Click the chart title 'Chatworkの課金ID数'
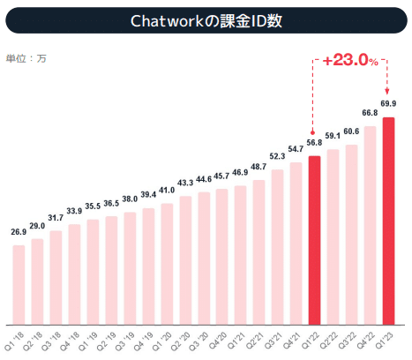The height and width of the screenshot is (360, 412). tap(206, 19)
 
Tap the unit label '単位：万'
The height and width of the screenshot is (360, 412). tap(26, 57)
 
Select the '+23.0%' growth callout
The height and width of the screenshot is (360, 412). tap(351, 61)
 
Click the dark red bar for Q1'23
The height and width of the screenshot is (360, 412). tap(388, 220)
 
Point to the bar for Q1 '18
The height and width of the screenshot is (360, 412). tap(19, 283)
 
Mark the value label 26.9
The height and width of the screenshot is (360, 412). tap(19, 233)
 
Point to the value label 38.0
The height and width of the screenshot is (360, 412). tap(130, 199)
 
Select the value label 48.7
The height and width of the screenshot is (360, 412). tap(258, 167)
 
